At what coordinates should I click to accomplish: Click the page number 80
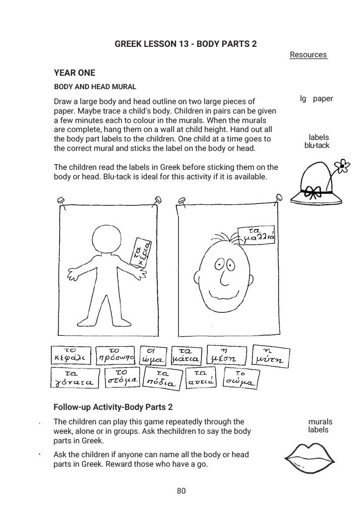[181, 491]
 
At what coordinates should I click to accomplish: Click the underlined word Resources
[308, 55]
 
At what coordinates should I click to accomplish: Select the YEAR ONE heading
[74, 73]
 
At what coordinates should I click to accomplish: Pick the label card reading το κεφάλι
[70, 355]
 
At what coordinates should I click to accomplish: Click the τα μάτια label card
[186, 355]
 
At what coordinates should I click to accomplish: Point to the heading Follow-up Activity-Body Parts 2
[113, 407]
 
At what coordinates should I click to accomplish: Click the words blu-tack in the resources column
[317, 145]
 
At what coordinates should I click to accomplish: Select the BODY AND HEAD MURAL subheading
[95, 87]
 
